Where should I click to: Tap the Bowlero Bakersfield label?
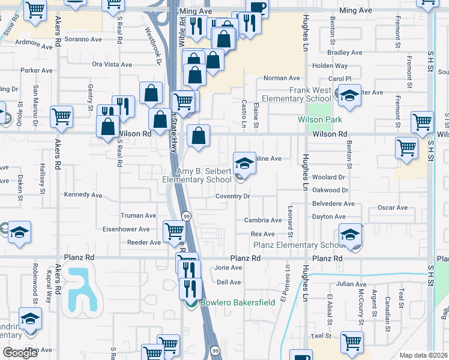238,302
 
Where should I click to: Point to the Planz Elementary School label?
296,245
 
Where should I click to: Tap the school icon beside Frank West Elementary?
348,95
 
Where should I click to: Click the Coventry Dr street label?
234,196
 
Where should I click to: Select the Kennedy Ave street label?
83,195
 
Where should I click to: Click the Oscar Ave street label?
393,208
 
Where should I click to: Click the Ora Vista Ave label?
112,64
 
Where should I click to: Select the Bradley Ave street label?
345,53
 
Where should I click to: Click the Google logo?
20,353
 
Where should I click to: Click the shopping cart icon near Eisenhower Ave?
173,230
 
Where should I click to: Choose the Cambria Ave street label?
262,220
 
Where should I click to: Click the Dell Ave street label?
228,282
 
